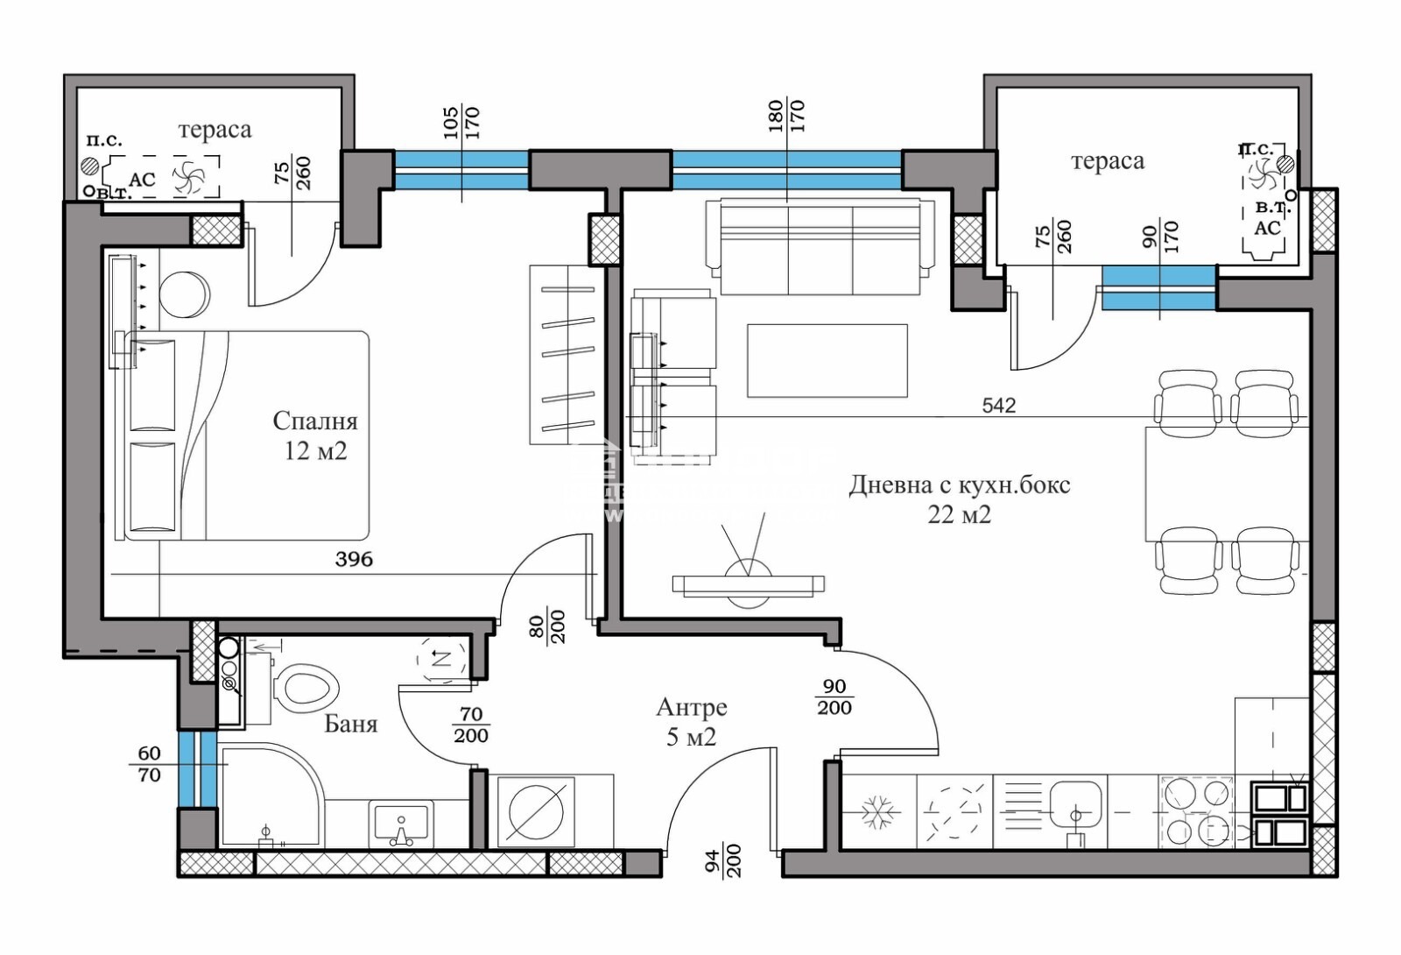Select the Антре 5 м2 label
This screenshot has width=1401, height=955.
[691, 721]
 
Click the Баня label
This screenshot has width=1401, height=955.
[350, 724]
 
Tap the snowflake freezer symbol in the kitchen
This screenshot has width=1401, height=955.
[876, 812]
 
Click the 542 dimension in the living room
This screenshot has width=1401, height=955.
[998, 405]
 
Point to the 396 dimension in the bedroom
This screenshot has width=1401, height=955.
[354, 559]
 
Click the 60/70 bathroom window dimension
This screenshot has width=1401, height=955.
[149, 764]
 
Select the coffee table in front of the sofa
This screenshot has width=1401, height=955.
[827, 360]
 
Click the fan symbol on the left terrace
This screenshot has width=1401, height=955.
[188, 179]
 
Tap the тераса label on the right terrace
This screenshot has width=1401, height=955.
[1107, 161]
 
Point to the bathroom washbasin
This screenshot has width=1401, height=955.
[401, 824]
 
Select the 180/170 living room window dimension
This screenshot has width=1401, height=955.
[785, 116]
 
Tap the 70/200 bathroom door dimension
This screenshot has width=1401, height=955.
[470, 725]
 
